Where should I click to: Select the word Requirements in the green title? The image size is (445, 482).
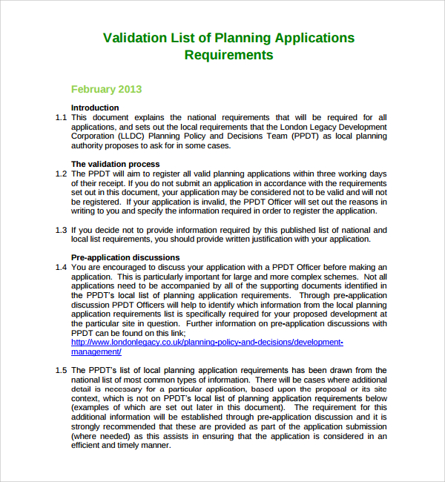click(x=228, y=55)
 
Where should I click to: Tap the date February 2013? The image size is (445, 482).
click(x=106, y=89)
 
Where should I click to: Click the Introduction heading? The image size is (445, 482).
click(x=95, y=108)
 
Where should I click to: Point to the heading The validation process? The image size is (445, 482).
click(x=115, y=164)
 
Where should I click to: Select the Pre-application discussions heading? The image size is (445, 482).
click(x=125, y=257)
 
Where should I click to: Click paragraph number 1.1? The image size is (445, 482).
click(x=61, y=117)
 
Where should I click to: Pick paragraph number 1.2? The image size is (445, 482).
click(x=61, y=174)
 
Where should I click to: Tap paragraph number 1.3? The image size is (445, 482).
click(x=61, y=230)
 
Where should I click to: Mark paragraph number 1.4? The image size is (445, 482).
click(x=61, y=267)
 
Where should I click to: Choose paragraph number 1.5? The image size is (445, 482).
click(x=61, y=370)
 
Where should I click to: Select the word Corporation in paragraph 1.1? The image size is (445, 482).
click(x=93, y=136)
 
